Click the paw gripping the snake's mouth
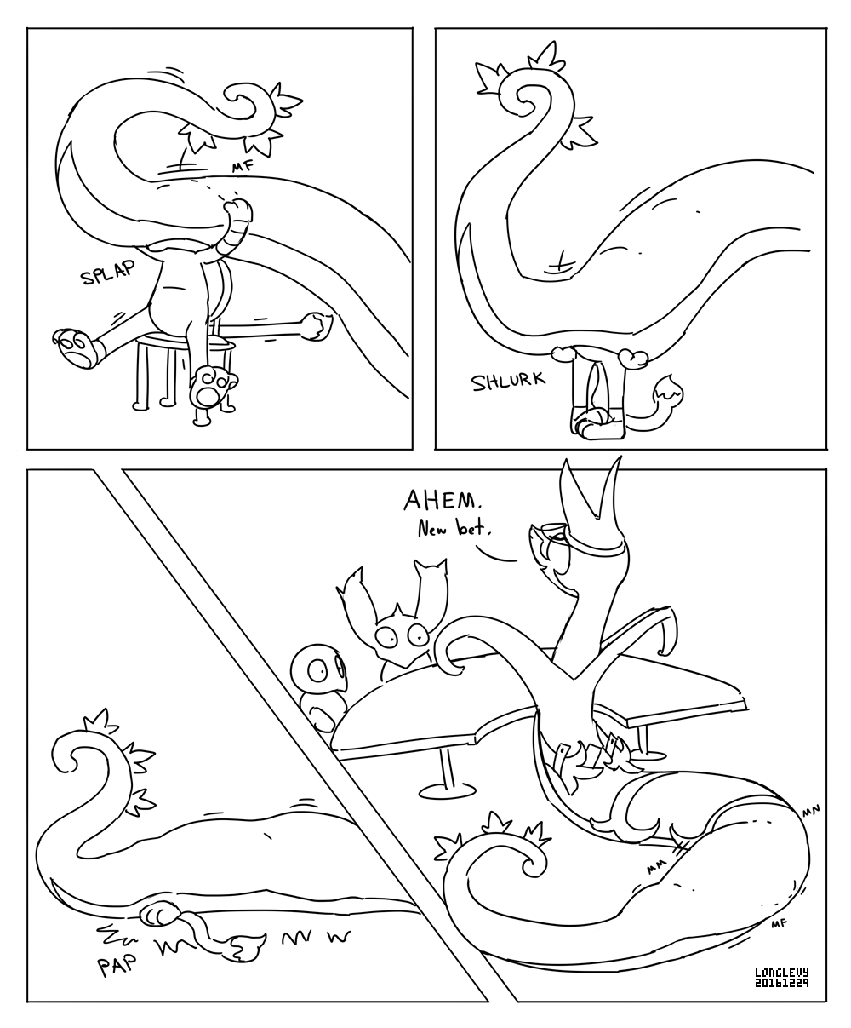coord(237,211)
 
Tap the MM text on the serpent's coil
coord(656,867)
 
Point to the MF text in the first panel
coord(243,167)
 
